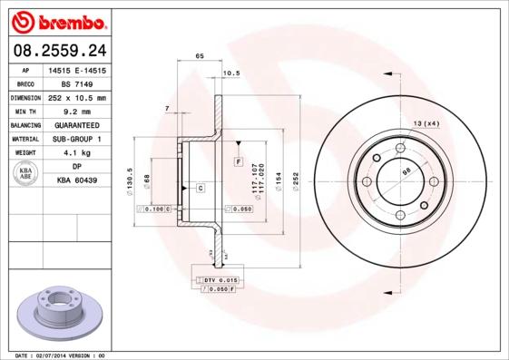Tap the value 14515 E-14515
[x=76, y=69]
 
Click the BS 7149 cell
[x=76, y=83]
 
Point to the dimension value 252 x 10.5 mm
[x=76, y=97]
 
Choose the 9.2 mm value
[x=76, y=111]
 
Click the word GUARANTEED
[x=76, y=125]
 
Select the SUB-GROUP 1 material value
[x=76, y=139]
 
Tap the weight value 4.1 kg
[x=76, y=153]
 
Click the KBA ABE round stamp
[x=24, y=173]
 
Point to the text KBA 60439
[x=76, y=180]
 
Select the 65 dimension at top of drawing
[x=199, y=56]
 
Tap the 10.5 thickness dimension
[x=230, y=73]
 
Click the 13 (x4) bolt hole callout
[x=426, y=122]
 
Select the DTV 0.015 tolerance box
[x=218, y=280]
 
